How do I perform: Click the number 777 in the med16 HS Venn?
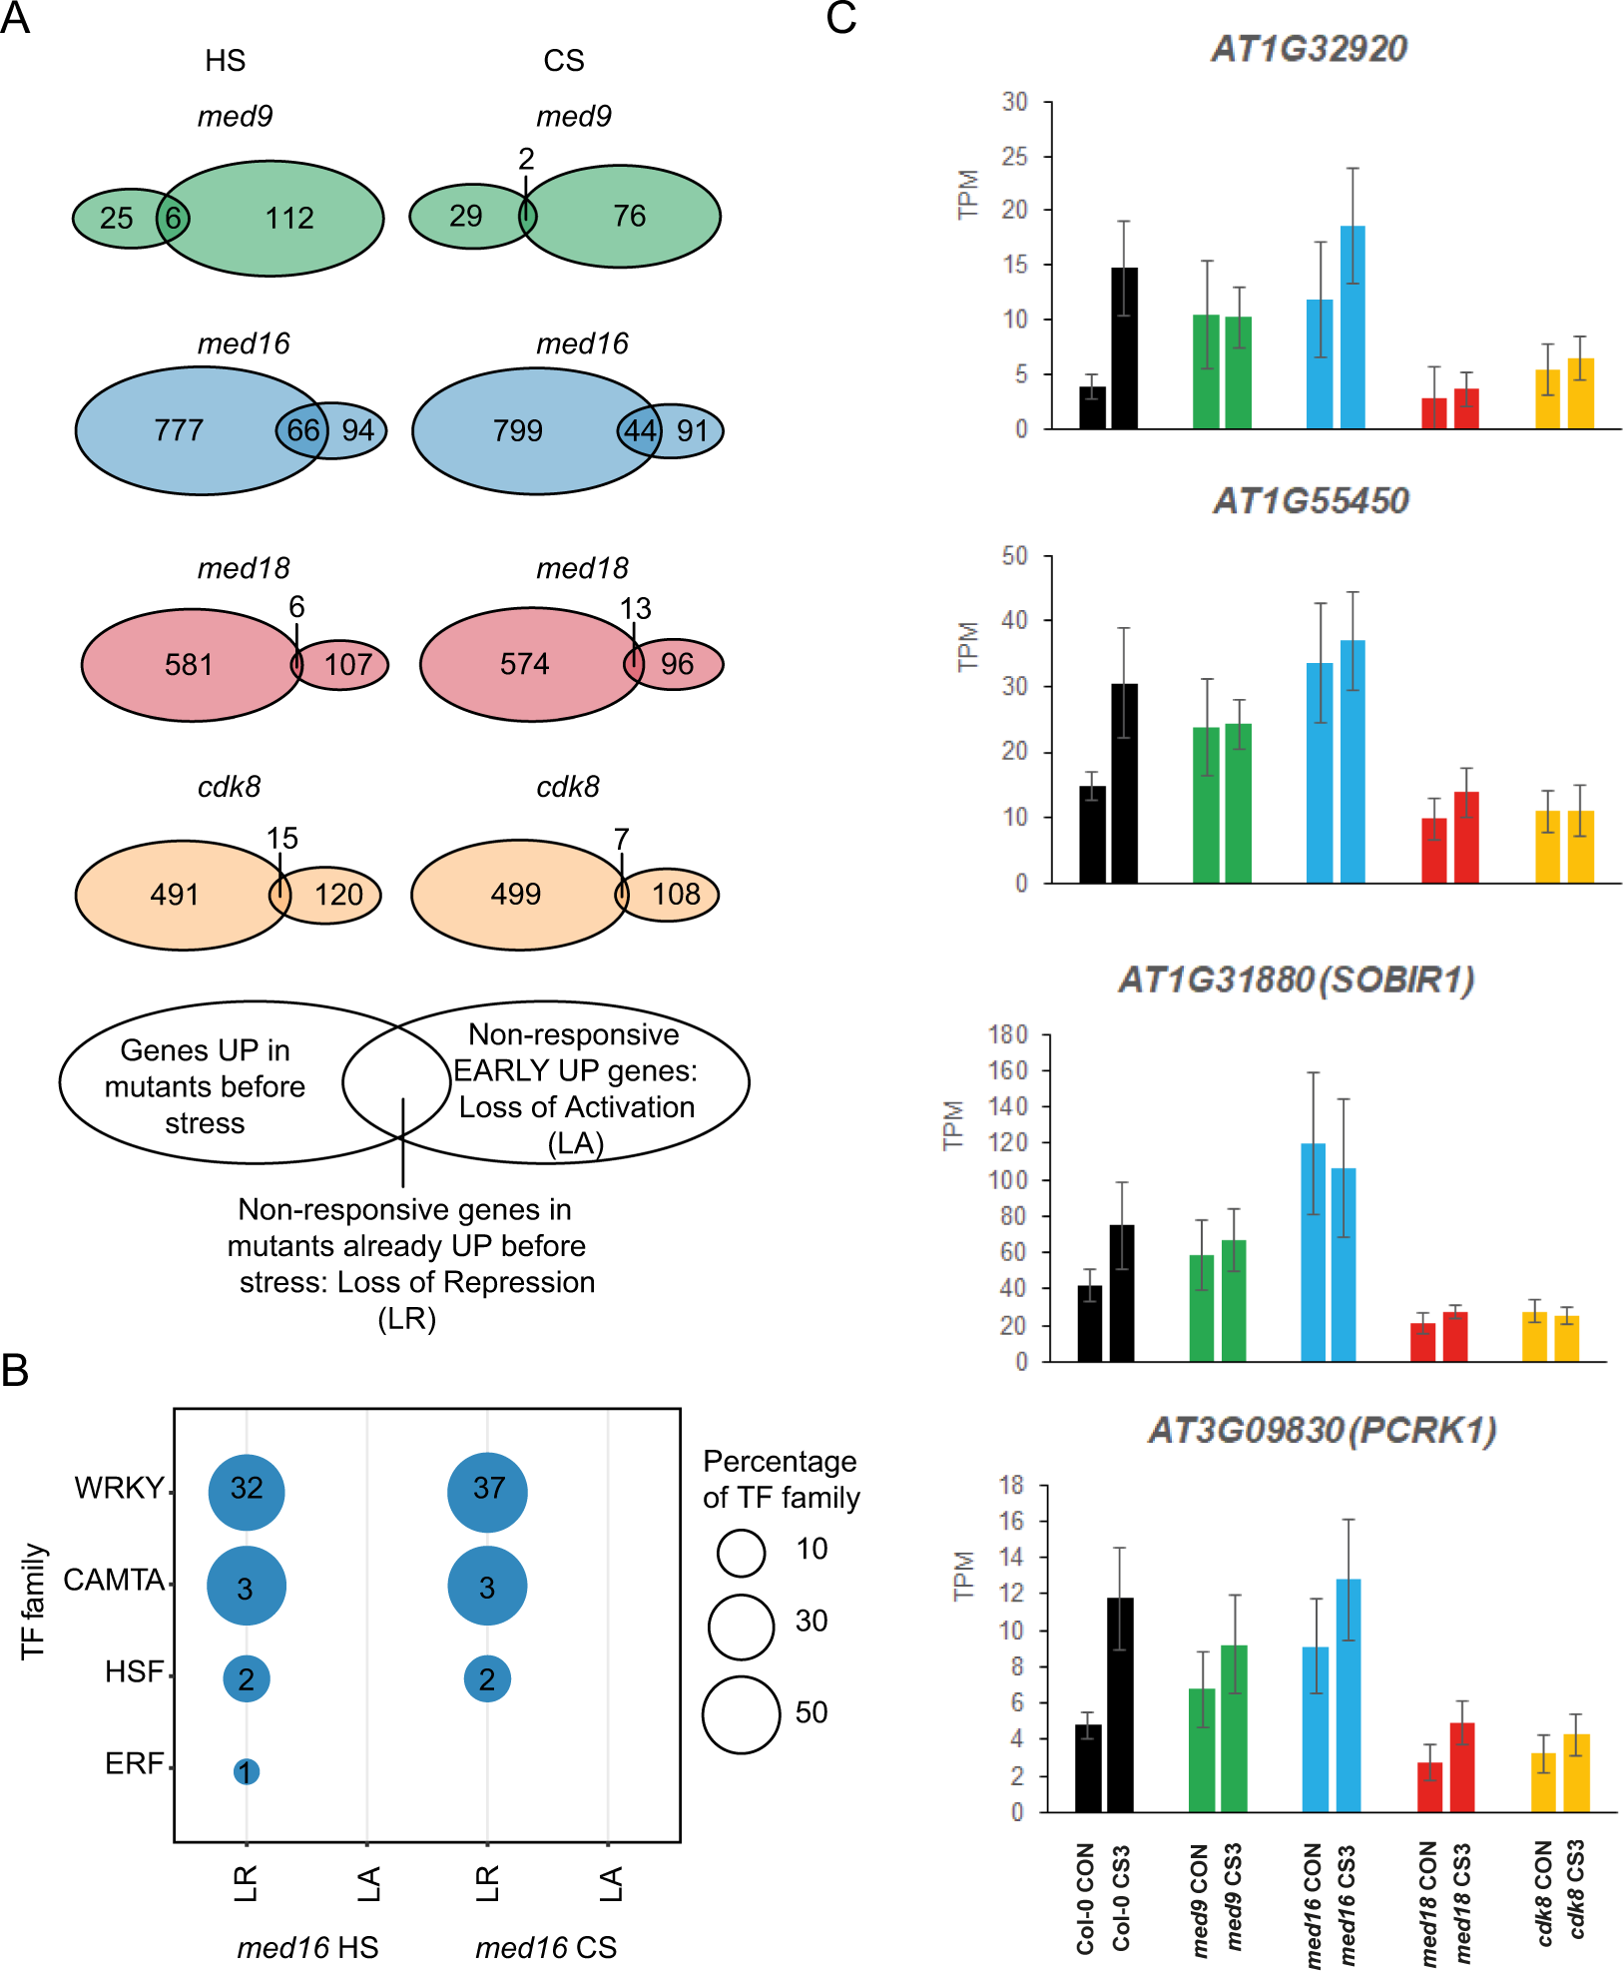(179, 430)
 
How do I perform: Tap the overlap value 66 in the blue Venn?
(302, 430)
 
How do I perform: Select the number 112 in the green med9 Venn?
(289, 218)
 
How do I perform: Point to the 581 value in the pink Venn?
(189, 664)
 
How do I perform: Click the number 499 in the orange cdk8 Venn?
(515, 894)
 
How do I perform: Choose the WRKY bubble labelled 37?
(488, 1489)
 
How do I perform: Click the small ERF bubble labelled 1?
(247, 1771)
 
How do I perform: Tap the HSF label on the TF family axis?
(134, 1671)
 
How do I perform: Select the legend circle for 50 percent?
(741, 1713)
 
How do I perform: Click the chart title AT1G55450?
(1311, 500)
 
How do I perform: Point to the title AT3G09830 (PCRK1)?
(1323, 1431)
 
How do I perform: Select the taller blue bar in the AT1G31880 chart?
(1314, 1252)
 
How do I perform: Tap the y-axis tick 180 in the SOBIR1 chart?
(1007, 1034)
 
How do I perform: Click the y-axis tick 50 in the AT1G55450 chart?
(1014, 556)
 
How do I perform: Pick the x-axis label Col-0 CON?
(1086, 1898)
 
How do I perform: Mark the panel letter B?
(15, 1370)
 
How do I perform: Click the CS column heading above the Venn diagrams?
(564, 61)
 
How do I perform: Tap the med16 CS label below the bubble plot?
(546, 1947)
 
